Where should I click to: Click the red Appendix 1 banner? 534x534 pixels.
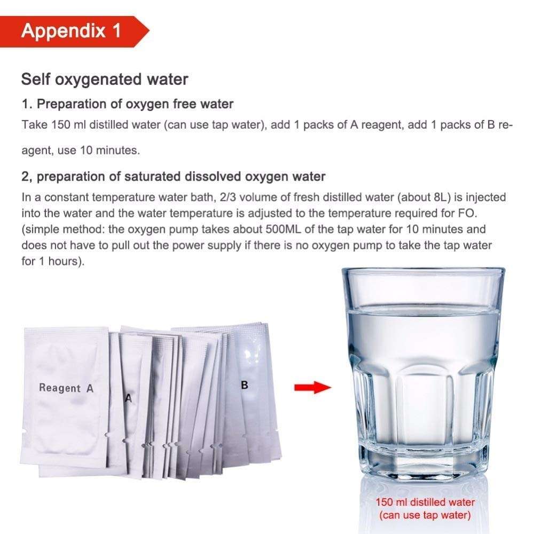[74, 32]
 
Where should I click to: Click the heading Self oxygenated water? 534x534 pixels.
[105, 80]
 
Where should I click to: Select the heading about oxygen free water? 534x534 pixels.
[128, 104]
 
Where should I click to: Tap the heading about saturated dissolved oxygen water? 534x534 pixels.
[174, 176]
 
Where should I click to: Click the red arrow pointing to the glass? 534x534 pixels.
[312, 387]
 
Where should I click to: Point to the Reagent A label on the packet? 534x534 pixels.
[66, 388]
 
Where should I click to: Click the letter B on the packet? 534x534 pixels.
[244, 385]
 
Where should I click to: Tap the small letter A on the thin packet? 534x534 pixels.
[128, 398]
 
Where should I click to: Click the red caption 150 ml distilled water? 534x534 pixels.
[425, 502]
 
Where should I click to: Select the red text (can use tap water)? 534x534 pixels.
[425, 515]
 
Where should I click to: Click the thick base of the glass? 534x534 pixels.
[425, 465]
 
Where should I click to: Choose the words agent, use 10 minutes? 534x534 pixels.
[81, 150]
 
